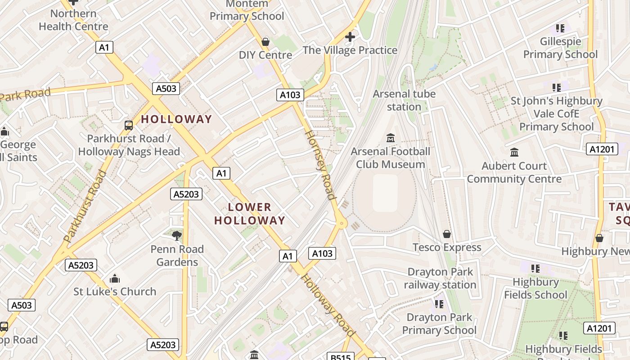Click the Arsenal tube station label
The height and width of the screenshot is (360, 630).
pos(404,100)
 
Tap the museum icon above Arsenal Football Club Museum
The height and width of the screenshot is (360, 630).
pos(391,138)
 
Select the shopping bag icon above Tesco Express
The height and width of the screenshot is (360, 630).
pos(447,234)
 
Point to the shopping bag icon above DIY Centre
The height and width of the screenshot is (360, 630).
pos(265,42)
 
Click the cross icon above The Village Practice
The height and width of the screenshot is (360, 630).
pos(350,36)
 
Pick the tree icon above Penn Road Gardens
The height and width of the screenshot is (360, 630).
pos(177,235)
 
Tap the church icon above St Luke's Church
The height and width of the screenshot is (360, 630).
pos(115,278)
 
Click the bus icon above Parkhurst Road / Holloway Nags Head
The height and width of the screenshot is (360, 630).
pos(129,125)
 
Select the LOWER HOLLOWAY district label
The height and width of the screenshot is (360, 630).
pos(250,214)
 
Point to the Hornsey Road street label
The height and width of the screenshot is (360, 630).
pos(320,165)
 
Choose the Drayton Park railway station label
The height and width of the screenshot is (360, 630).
pos(440,279)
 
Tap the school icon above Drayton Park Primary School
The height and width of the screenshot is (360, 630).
pos(439,304)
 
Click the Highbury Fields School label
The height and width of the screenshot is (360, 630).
pos(535,288)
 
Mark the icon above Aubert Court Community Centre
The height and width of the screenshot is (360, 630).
pos(514,152)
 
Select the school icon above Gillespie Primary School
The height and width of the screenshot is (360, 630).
pos(560,28)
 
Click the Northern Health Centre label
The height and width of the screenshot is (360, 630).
pos(73,20)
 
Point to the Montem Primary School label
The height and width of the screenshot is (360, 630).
pos(247,10)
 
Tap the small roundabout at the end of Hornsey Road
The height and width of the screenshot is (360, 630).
pos(342,222)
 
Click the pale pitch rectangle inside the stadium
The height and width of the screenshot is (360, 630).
pos(385,193)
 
